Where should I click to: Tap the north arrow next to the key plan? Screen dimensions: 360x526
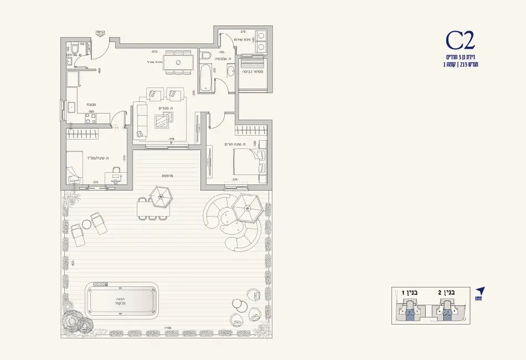point(480,291)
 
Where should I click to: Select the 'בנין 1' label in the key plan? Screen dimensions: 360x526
point(411,292)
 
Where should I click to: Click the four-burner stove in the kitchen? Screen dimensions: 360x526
point(91,117)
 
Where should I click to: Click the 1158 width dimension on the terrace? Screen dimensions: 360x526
point(167,328)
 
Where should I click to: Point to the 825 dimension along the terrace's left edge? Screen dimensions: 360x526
point(73,263)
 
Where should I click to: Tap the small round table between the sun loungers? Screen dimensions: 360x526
point(87,224)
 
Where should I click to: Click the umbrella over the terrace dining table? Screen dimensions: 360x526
point(161,196)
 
